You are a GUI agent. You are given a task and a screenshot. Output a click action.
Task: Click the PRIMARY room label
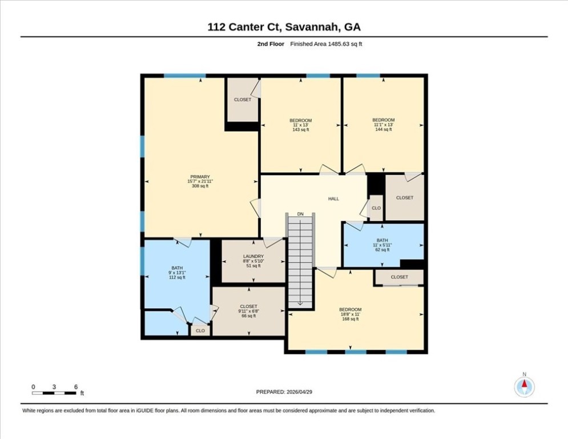200,177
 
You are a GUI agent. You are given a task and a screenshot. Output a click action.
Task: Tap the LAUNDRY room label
253,256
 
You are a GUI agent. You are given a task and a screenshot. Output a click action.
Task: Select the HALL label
333,199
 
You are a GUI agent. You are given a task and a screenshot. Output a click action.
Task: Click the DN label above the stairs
300,214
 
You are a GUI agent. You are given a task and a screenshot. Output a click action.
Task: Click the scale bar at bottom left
54,393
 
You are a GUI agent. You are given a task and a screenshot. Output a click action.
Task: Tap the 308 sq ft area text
200,186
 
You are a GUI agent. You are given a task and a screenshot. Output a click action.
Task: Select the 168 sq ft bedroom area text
351,319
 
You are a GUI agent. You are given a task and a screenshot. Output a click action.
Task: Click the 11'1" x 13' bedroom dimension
383,125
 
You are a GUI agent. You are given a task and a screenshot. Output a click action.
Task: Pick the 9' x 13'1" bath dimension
177,273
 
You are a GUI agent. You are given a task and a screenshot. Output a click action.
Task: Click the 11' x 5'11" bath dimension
382,245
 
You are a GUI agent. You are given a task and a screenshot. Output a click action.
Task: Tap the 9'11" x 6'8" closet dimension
248,311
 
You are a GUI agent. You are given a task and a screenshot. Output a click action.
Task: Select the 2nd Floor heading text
271,44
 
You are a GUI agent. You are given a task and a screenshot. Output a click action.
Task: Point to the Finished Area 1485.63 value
339,44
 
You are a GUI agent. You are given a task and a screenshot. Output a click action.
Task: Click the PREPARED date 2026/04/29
299,392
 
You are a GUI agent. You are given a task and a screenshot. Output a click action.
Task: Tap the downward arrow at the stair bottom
300,304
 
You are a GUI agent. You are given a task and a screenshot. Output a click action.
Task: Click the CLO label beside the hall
376,208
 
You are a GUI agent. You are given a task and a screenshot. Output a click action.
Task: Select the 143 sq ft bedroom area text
301,130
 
